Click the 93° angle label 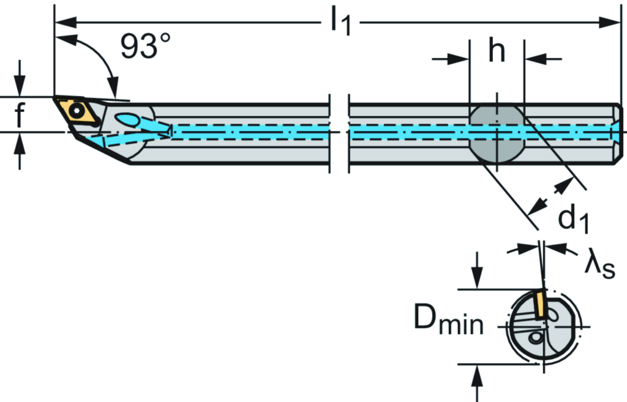click(145, 47)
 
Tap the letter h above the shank click(497, 53)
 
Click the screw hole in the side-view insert click(77, 111)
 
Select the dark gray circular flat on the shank click(497, 133)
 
